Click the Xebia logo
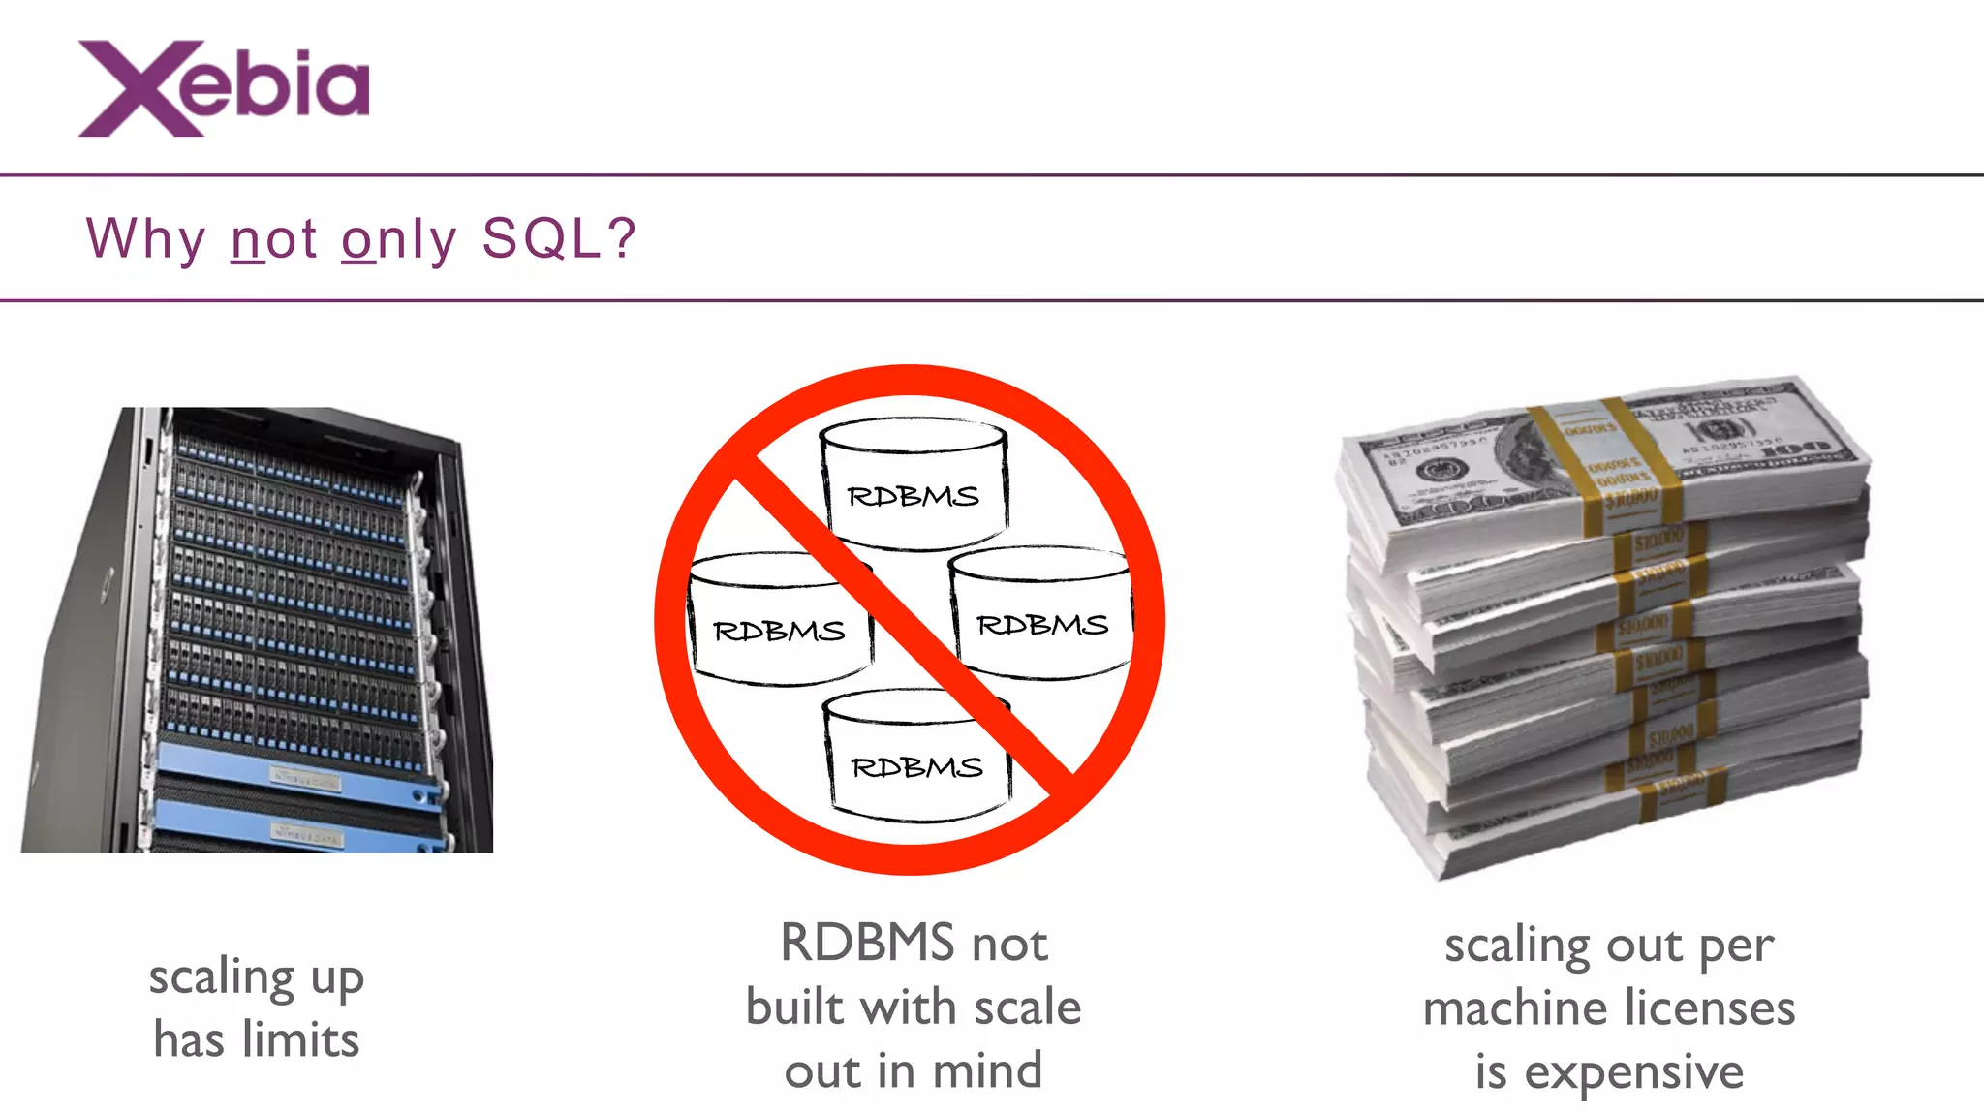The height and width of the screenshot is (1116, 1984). click(224, 88)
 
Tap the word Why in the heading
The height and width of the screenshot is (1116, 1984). click(145, 238)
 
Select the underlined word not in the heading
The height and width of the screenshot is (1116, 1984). click(274, 238)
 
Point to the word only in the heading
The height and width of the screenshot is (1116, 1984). click(398, 238)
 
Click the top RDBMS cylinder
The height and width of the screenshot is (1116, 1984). click(914, 484)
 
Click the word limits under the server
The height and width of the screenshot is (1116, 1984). click(300, 1040)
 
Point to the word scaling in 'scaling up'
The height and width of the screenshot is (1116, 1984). click(221, 977)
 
